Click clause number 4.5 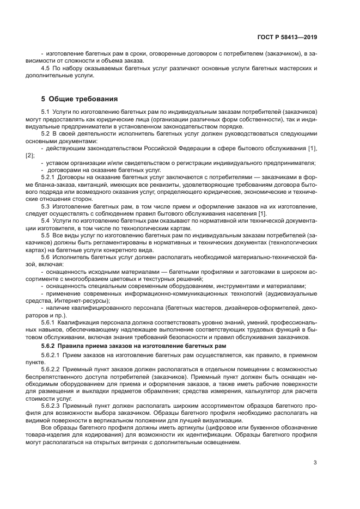coord(47,68)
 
